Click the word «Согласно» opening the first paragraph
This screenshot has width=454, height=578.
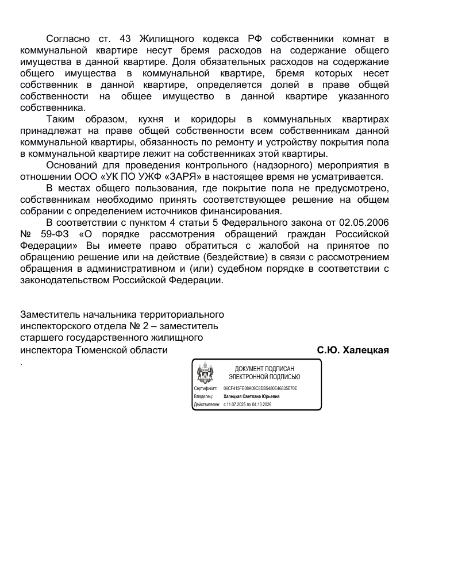68,38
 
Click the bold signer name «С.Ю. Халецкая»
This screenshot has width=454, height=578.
353,349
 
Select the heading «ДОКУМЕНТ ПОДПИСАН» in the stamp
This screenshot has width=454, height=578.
264,369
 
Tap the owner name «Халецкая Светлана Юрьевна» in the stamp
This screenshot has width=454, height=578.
252,396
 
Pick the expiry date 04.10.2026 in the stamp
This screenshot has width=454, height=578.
261,404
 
